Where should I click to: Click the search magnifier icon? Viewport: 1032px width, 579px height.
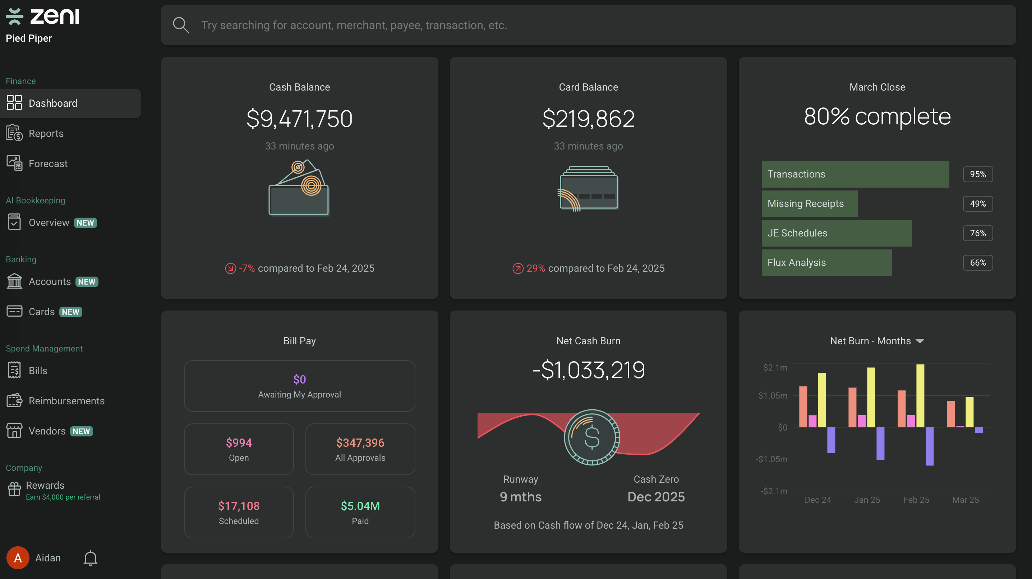pos(181,25)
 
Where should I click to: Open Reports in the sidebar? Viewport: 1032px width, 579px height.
pos(46,133)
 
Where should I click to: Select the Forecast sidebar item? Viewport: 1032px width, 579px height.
pos(48,164)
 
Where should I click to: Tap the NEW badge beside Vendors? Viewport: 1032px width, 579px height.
pos(81,431)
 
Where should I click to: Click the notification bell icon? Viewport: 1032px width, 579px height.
pos(90,558)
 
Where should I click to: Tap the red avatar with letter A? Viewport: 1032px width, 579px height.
pos(18,558)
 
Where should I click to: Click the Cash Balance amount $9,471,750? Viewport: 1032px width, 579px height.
pos(299,119)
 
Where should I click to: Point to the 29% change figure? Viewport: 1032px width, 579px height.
pos(535,268)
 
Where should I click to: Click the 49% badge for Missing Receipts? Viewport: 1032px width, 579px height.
pos(977,203)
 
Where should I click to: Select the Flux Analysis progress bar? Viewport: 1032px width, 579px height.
pos(826,262)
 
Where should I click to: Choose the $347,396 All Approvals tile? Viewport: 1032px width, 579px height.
pos(360,449)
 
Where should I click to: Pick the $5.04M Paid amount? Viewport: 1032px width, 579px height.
pos(360,506)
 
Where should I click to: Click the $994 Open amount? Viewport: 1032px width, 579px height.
pos(239,442)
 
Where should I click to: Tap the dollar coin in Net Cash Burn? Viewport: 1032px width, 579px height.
pos(592,437)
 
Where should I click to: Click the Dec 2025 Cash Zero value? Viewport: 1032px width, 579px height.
pos(656,497)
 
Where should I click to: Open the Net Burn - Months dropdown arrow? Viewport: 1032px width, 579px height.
pos(920,341)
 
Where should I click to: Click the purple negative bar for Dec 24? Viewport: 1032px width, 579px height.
pos(831,440)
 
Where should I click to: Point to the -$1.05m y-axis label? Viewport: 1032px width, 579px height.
pos(771,459)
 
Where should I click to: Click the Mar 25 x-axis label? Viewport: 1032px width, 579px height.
pos(965,500)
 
